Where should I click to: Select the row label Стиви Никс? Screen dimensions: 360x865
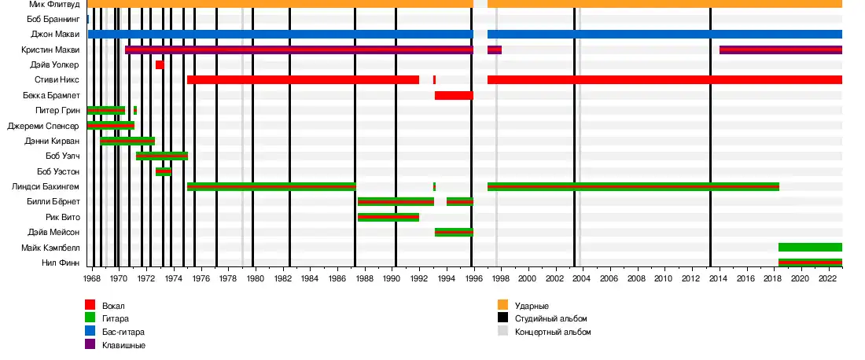point(57,80)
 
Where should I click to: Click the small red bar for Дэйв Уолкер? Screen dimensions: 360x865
point(160,65)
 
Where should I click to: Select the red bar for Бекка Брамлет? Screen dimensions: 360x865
point(454,96)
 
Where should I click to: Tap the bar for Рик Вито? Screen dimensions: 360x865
point(388,217)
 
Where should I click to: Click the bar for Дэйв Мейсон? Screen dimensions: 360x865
point(454,233)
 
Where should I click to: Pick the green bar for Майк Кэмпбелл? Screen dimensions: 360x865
point(810,247)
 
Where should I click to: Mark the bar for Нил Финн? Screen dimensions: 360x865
point(810,263)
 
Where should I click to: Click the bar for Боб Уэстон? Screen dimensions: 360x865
point(164,171)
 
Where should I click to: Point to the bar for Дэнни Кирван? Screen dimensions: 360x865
point(127,141)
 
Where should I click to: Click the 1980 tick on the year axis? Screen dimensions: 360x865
point(254,278)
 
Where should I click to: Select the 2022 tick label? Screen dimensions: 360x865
point(827,278)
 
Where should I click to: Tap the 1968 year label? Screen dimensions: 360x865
point(91,278)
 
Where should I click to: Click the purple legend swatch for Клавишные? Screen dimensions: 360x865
point(90,345)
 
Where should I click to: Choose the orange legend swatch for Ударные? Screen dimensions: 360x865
point(502,305)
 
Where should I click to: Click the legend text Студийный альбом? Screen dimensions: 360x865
point(550,318)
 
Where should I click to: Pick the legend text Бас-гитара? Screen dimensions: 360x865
point(123,332)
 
